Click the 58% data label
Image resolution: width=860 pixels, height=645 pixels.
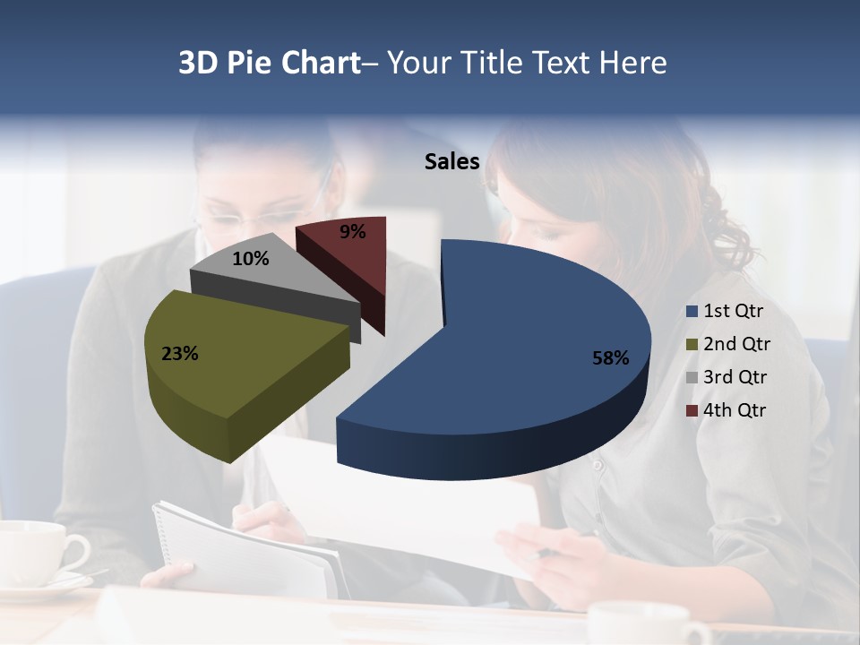click(610, 358)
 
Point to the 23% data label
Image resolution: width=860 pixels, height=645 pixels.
click(179, 354)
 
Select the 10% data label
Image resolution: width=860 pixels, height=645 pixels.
click(250, 259)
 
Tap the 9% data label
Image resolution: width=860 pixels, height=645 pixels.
click(352, 232)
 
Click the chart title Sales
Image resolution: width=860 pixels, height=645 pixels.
click(451, 161)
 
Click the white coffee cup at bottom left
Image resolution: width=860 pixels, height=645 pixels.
click(36, 555)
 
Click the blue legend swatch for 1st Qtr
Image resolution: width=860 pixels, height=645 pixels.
click(691, 312)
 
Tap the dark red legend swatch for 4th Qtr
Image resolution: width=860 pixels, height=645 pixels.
click(691, 411)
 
